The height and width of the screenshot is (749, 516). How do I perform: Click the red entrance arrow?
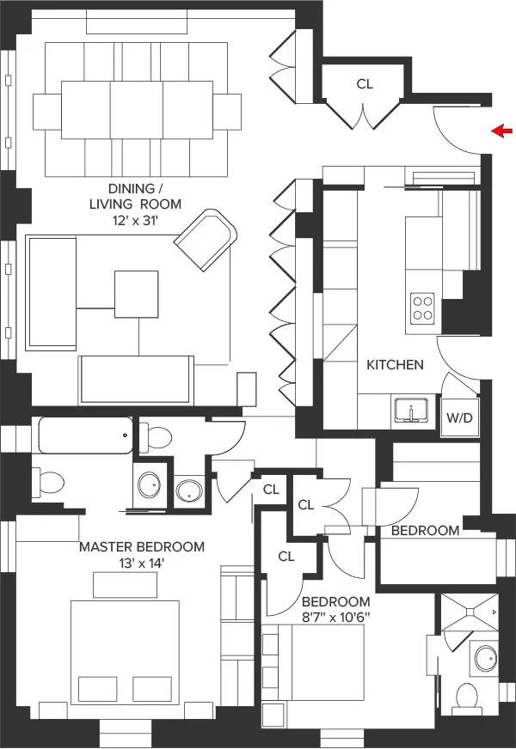pyautogui.click(x=501, y=131)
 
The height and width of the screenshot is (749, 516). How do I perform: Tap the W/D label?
pyautogui.click(x=459, y=417)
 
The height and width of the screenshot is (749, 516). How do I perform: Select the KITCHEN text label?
pyautogui.click(x=395, y=364)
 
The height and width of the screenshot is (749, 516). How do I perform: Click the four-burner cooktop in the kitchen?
pyautogui.click(x=422, y=307)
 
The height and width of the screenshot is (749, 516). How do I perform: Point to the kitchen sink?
pyautogui.click(x=413, y=411)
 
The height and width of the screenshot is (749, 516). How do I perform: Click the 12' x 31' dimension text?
pyautogui.click(x=133, y=221)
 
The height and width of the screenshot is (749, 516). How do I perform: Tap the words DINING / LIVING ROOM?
pyautogui.click(x=133, y=196)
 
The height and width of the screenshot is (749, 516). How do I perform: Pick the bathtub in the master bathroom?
pyautogui.click(x=83, y=435)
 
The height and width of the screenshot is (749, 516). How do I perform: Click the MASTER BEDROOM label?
pyautogui.click(x=142, y=546)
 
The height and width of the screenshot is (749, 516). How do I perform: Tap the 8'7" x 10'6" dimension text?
pyautogui.click(x=335, y=617)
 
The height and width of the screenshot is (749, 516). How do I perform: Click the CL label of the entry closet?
pyautogui.click(x=365, y=84)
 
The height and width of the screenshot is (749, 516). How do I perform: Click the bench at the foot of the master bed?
pyautogui.click(x=126, y=585)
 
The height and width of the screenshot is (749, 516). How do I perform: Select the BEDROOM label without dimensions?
pyautogui.click(x=425, y=531)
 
